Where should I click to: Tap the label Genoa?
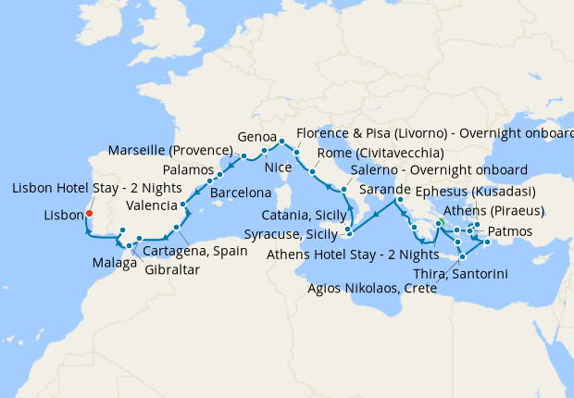pyautogui.click(x=257, y=133)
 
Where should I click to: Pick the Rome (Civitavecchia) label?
pyautogui.click(x=381, y=153)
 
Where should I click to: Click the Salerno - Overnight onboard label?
pyautogui.click(x=439, y=170)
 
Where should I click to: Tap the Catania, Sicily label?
pyautogui.click(x=301, y=214)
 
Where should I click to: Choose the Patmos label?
pyautogui.click(x=508, y=230)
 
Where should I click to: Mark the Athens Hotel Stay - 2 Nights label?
pyautogui.click(x=352, y=253)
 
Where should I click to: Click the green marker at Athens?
pyautogui.click(x=441, y=223)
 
